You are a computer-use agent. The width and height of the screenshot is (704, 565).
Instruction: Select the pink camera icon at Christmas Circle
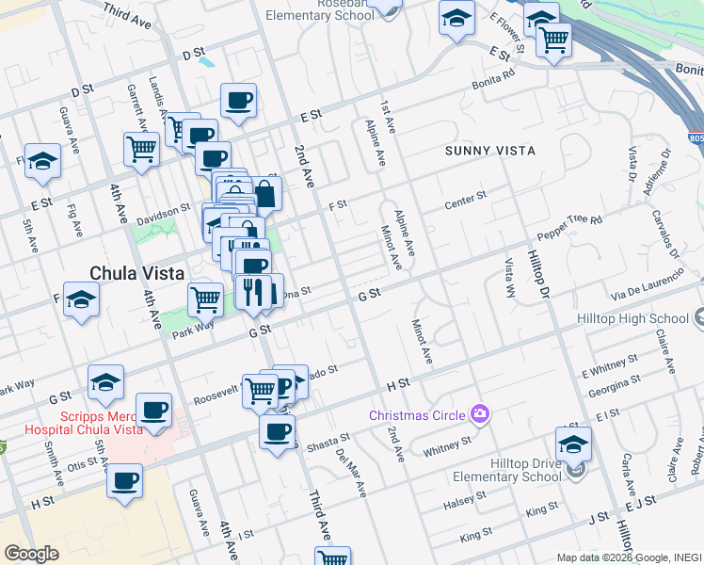pos(481,413)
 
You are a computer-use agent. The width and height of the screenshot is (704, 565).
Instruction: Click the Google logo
pos(31,554)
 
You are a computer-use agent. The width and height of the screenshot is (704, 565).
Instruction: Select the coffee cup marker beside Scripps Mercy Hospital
pos(153,410)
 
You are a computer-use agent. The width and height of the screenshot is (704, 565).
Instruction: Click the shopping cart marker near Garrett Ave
pos(140,147)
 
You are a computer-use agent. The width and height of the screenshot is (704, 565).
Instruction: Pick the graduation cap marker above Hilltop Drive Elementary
pos(573,443)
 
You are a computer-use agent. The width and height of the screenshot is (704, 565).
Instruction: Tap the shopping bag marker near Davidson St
pos(265,194)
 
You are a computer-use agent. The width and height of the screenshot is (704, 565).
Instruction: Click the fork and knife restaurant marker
pos(249,291)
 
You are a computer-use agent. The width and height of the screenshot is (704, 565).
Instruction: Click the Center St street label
pos(465,199)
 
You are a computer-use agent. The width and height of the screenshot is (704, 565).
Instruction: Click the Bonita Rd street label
pos(495,79)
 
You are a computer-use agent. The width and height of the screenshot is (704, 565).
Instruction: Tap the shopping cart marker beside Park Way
pos(205,300)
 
